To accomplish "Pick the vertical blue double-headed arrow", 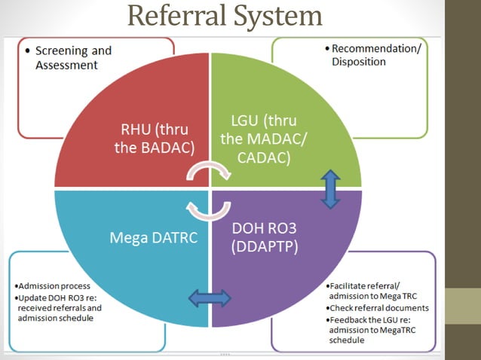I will coord(329,188).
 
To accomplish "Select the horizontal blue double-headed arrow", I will coord(210,298).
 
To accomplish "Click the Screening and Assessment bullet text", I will coord(73,58).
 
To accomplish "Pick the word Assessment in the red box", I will coord(67,65).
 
